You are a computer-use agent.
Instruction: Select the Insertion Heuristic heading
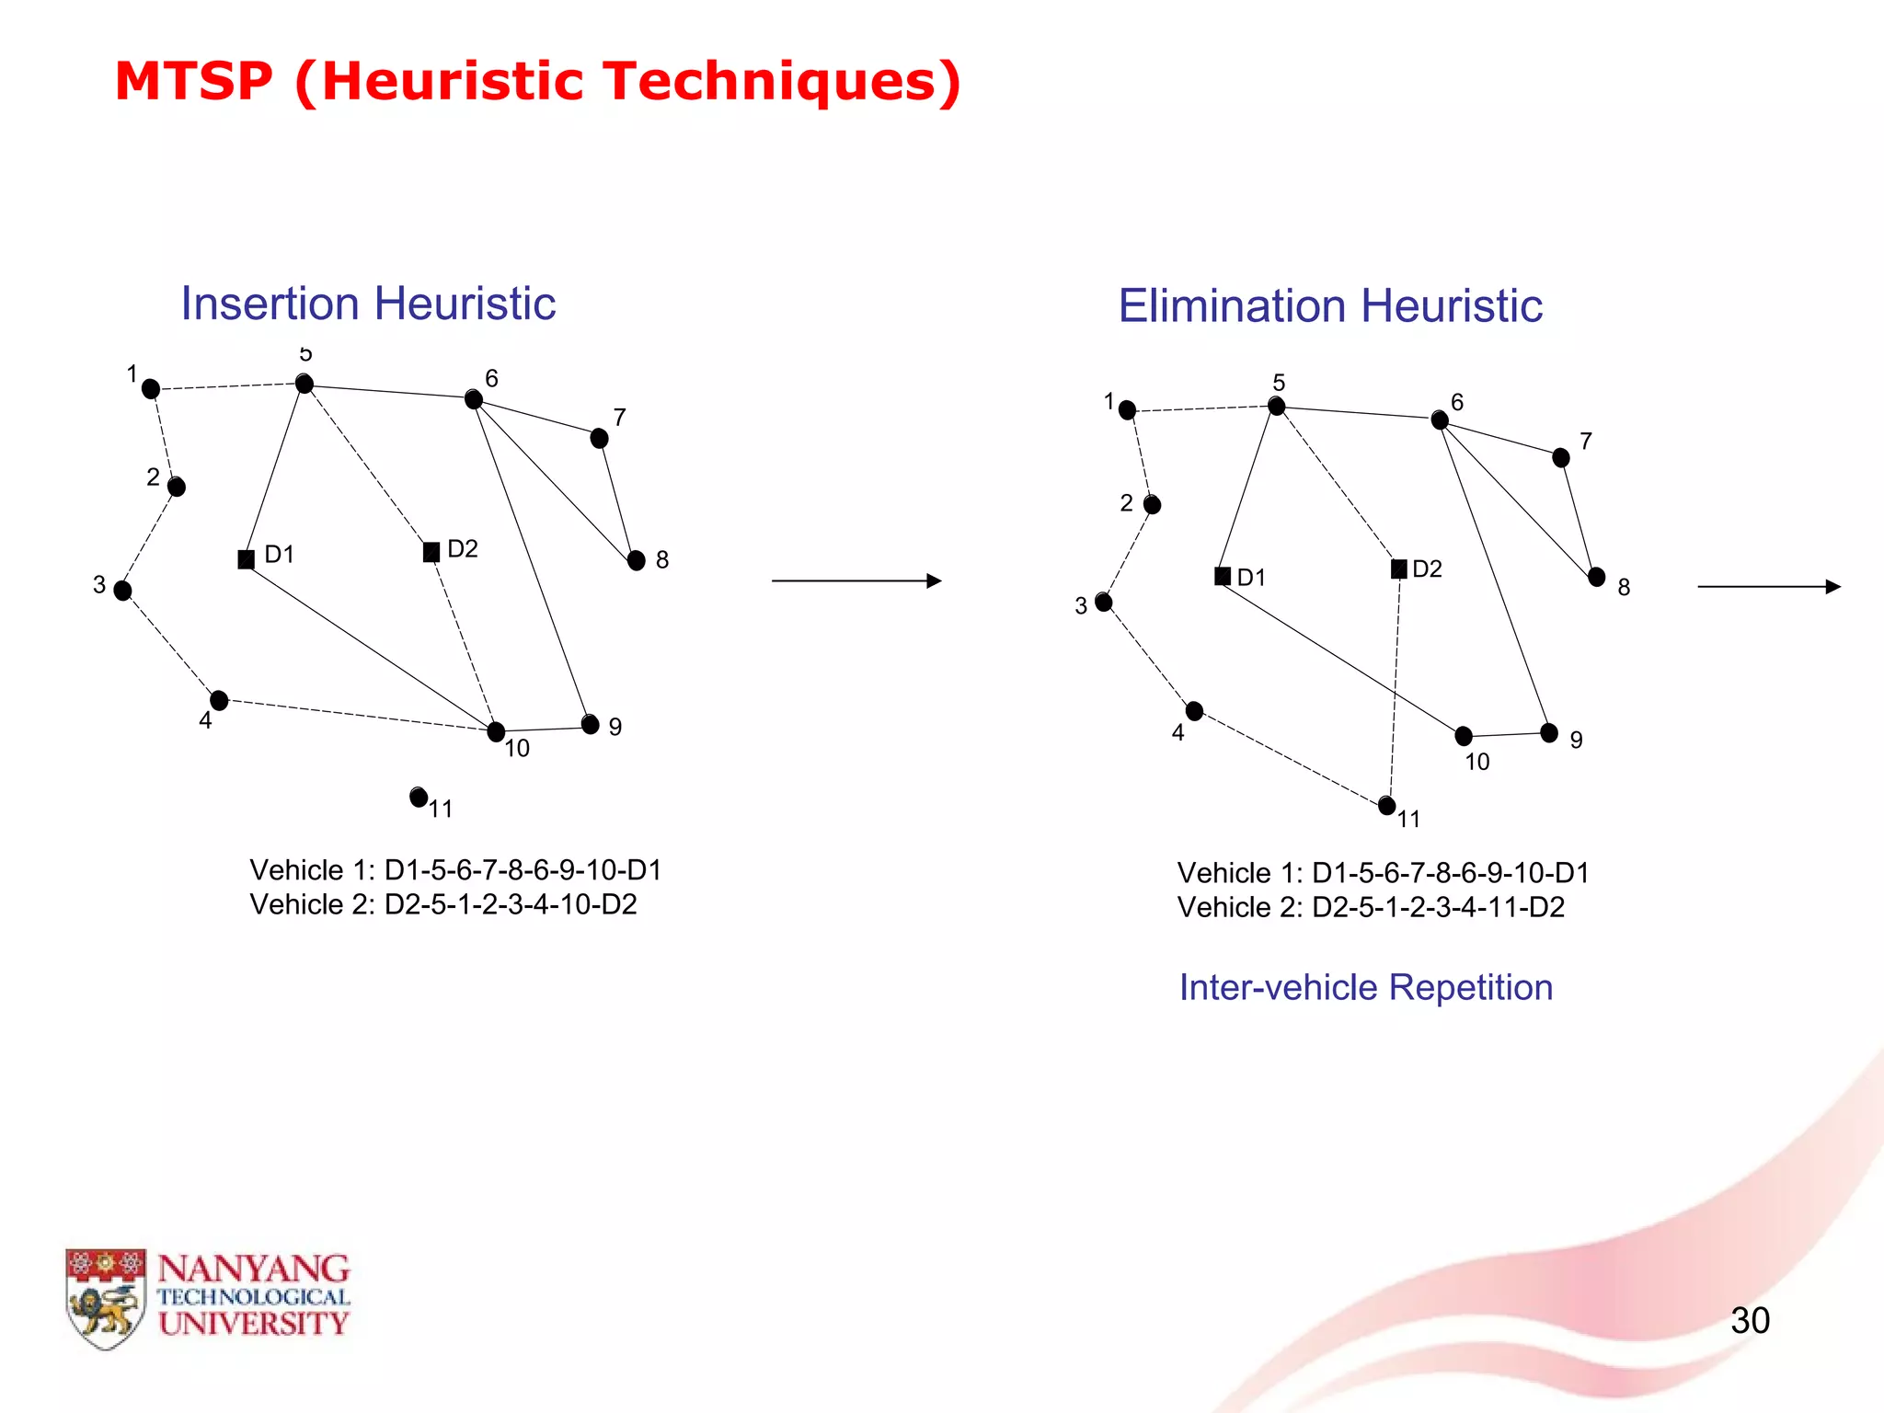[368, 304]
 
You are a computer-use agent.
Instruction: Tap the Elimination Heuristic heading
[1330, 306]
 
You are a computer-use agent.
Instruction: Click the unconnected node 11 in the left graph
[419, 797]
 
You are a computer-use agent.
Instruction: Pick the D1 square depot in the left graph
[246, 559]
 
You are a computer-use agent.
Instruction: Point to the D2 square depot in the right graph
[1398, 569]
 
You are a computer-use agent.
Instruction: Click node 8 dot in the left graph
[636, 560]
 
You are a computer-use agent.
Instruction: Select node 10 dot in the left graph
[496, 732]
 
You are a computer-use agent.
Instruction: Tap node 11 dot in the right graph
[1387, 806]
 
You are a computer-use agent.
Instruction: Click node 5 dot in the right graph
[1276, 406]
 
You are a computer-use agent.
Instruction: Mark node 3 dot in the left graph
[122, 591]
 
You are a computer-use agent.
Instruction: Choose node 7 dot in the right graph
[1560, 457]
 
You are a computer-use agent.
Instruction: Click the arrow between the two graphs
[856, 581]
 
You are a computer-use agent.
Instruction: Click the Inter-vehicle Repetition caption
[1366, 987]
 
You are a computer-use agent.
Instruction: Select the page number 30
[1750, 1320]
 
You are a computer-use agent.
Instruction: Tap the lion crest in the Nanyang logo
[105, 1298]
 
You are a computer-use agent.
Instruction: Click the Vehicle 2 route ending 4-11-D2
[1371, 907]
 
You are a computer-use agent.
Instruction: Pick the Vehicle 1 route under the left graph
[455, 870]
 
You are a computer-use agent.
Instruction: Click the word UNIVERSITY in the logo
[253, 1324]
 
